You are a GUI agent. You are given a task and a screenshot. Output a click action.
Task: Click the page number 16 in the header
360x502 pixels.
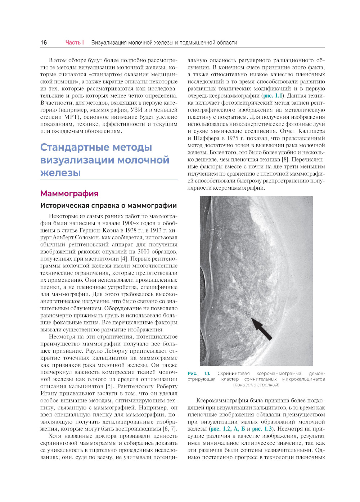pos(44,42)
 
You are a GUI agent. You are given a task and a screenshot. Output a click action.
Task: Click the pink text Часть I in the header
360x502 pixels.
pos(75,42)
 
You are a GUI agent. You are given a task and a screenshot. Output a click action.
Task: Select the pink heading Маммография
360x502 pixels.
pos(69,194)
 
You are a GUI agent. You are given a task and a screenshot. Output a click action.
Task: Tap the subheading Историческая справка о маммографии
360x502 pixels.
pos(108,205)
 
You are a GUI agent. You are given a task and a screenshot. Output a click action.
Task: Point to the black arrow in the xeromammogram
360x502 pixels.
pos(261,328)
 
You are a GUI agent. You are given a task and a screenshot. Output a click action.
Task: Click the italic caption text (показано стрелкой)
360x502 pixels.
pos(256,385)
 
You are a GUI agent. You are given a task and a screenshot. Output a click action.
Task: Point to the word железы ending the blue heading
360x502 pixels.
pos(60,173)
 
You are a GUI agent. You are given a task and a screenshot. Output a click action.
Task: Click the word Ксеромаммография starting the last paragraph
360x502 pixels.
pos(219,401)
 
